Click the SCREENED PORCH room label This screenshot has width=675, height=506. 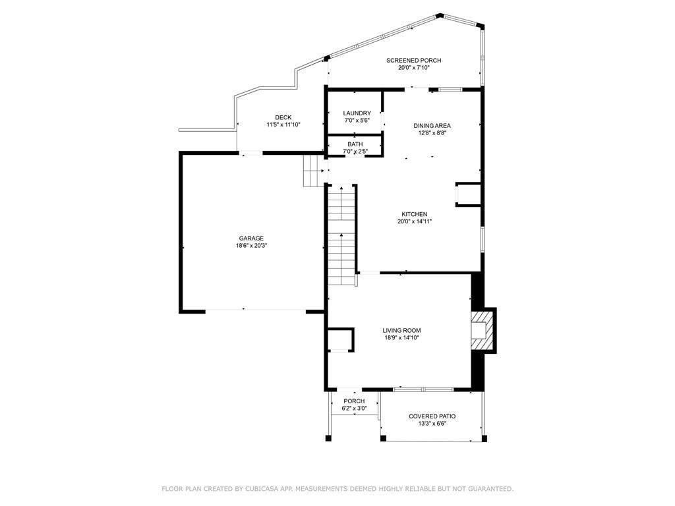[x=413, y=61]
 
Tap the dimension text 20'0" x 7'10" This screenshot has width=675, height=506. [x=413, y=68]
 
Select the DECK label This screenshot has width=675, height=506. [x=283, y=117]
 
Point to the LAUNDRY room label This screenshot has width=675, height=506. [x=357, y=113]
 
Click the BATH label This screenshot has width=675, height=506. [x=355, y=144]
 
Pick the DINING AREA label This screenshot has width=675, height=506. [x=432, y=125]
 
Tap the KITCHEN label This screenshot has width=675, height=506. [x=415, y=214]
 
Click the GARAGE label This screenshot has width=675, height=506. [x=251, y=239]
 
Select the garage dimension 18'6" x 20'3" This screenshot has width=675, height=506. [x=251, y=246]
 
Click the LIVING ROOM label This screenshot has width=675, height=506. [x=401, y=331]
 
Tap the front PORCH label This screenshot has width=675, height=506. [x=354, y=401]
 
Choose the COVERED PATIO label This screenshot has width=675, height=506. [x=432, y=416]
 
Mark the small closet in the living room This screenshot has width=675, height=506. [x=340, y=339]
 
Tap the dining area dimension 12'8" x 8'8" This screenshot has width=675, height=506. [x=432, y=132]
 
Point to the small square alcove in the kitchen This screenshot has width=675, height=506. [x=467, y=195]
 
